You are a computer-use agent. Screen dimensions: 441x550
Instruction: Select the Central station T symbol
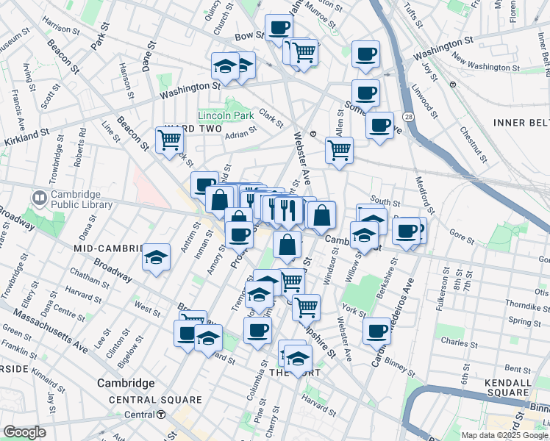(160, 415)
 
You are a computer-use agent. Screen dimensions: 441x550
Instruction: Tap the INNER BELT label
(521, 122)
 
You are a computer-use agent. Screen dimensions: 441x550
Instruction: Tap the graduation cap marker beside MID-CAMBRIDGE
(156, 257)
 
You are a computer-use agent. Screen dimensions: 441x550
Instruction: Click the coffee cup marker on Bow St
(279, 28)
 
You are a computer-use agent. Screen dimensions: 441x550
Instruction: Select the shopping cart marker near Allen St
(339, 150)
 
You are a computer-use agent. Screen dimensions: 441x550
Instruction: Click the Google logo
(24, 432)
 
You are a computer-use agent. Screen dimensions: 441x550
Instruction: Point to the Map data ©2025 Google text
(504, 435)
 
